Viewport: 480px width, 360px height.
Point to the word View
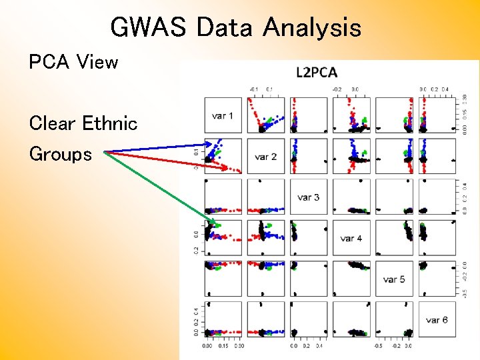point(97,63)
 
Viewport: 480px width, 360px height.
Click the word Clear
point(53,123)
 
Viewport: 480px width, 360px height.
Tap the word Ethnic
point(109,123)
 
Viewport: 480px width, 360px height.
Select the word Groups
point(60,155)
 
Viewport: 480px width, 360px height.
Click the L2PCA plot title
point(317,73)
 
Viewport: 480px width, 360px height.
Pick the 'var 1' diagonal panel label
point(223,116)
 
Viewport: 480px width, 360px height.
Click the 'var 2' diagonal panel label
point(265,157)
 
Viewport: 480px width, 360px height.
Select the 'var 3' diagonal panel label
point(308,197)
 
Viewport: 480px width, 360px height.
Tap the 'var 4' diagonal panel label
point(351,238)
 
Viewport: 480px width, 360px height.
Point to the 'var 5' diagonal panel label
point(394,279)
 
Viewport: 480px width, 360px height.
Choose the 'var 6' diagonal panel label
point(437,320)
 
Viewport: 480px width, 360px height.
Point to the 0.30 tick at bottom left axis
point(238,346)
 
